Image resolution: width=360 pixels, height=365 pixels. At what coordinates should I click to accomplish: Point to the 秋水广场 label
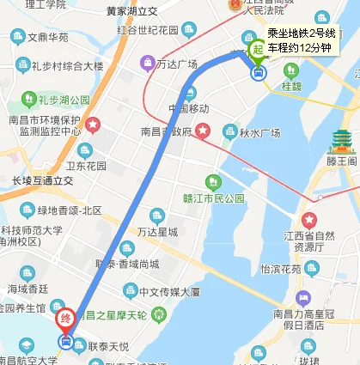click(x=259, y=132)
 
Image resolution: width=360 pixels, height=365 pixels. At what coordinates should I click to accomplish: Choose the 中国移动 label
click(x=188, y=108)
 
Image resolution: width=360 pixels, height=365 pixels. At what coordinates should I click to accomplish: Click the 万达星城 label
click(x=157, y=232)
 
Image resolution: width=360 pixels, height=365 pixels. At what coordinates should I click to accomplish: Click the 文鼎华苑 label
click(x=47, y=38)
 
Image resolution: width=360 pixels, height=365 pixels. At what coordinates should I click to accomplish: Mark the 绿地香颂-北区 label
click(x=68, y=210)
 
